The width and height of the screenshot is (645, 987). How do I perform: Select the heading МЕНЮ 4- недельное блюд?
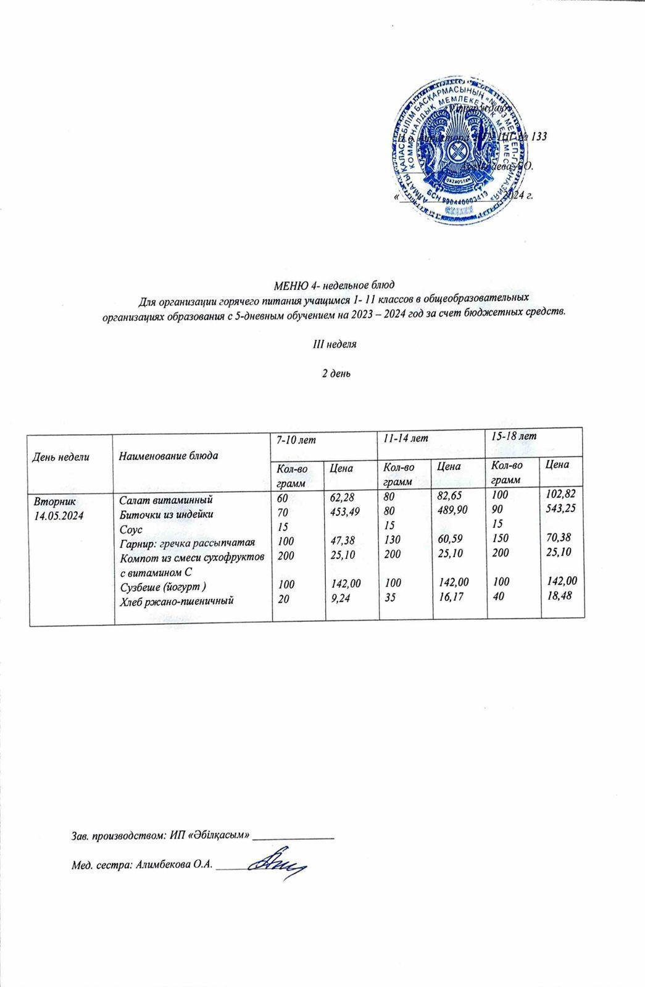tap(333, 285)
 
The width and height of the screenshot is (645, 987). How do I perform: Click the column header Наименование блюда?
tap(169, 456)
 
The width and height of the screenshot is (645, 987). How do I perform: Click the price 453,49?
tap(345, 511)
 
